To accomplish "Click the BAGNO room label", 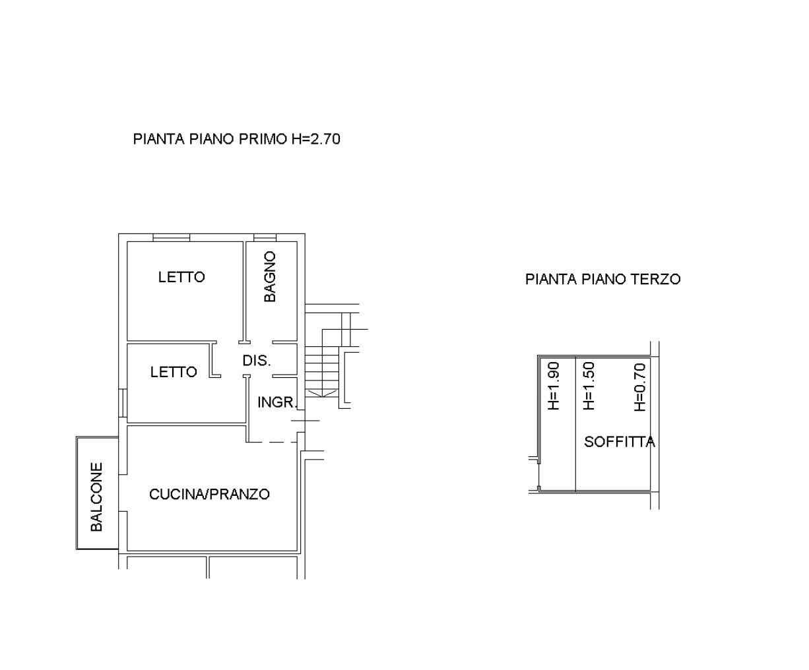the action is [270, 276].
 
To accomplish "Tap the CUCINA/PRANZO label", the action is [209, 494].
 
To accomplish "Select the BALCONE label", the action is [96, 497].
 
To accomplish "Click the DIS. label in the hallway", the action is [257, 361].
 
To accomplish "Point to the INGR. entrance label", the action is [277, 402].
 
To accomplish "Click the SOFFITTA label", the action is [619, 442].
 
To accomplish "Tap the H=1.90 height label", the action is [553, 386].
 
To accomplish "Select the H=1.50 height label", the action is [588, 386].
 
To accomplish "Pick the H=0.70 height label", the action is [640, 386].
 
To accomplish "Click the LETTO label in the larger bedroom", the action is [181, 277].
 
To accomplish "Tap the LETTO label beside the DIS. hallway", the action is [174, 372].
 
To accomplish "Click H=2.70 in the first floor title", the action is [316, 139].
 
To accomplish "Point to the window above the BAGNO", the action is [265, 237].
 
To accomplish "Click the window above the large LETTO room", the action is [172, 237].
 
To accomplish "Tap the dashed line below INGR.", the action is [272, 442].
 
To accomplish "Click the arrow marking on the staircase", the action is [321, 394].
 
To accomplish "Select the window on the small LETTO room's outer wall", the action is [123, 403].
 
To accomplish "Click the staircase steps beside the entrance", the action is [322, 372].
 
